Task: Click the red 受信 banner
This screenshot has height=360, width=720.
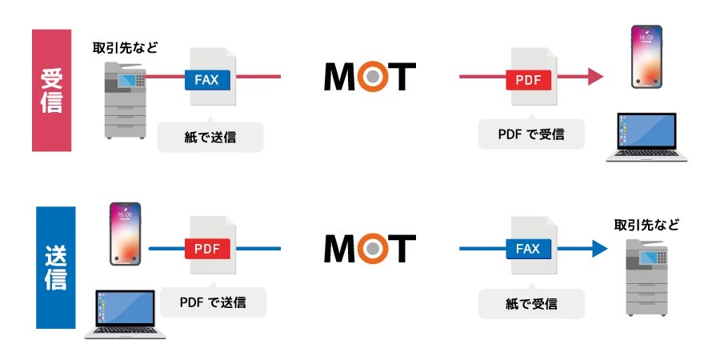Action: click(x=51, y=90)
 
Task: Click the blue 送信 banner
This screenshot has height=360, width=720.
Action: click(x=55, y=267)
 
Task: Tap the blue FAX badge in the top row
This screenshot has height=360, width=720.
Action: click(x=207, y=79)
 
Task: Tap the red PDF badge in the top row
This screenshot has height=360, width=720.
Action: click(x=529, y=79)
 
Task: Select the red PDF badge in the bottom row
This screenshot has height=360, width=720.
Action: click(x=207, y=249)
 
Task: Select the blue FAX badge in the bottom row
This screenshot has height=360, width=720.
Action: click(x=529, y=249)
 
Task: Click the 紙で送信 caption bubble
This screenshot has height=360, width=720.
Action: click(x=210, y=136)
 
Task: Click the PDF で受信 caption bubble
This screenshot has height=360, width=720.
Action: click(x=531, y=134)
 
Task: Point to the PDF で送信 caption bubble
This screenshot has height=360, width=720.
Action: click(x=213, y=302)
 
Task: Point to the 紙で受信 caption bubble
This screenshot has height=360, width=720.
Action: click(x=531, y=304)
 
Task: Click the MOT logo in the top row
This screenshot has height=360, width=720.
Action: click(x=370, y=77)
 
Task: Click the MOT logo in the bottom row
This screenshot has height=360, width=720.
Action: click(x=370, y=248)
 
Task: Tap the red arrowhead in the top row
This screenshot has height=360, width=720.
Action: click(x=594, y=77)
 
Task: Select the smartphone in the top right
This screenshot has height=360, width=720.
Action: click(x=647, y=56)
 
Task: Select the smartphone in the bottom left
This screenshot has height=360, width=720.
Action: click(x=126, y=234)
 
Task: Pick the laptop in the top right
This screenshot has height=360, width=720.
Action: click(x=646, y=138)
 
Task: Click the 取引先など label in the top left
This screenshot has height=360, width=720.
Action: click(x=125, y=48)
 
